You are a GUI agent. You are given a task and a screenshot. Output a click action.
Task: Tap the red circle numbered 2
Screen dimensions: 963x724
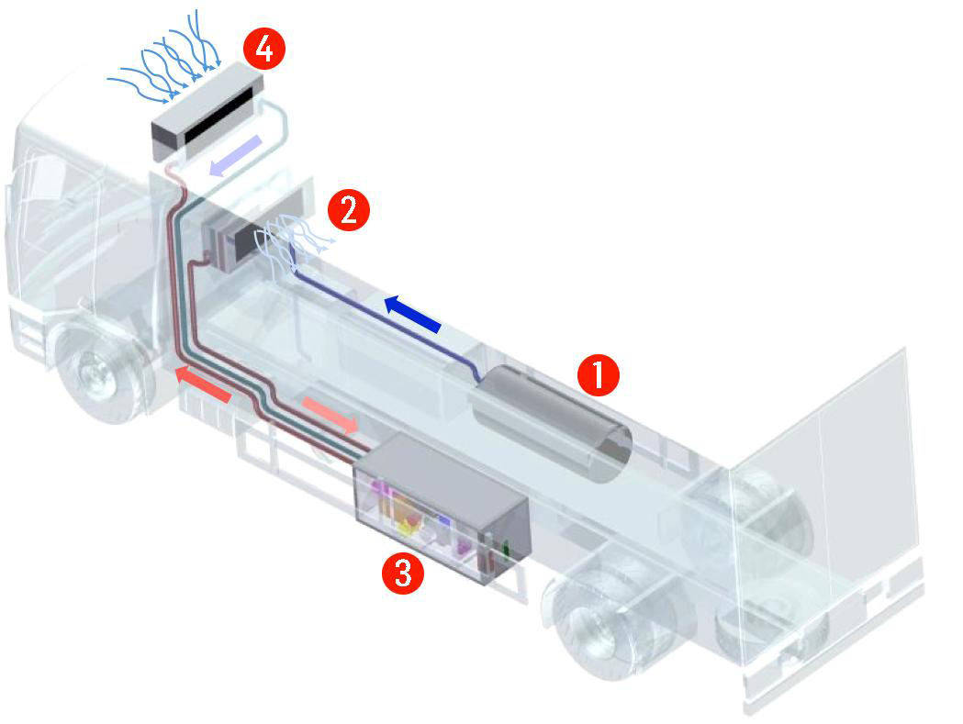point(348,210)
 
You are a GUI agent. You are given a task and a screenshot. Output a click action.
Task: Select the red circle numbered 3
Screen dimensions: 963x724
point(403,573)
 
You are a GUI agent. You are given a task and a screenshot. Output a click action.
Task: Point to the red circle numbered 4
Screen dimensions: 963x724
point(264,50)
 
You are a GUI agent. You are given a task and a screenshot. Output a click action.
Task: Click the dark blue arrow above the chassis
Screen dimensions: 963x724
point(413,313)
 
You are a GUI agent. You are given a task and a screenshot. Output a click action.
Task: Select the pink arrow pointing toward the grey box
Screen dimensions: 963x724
point(330,415)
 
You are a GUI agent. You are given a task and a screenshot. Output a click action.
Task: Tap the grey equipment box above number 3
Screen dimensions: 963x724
point(441,507)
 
